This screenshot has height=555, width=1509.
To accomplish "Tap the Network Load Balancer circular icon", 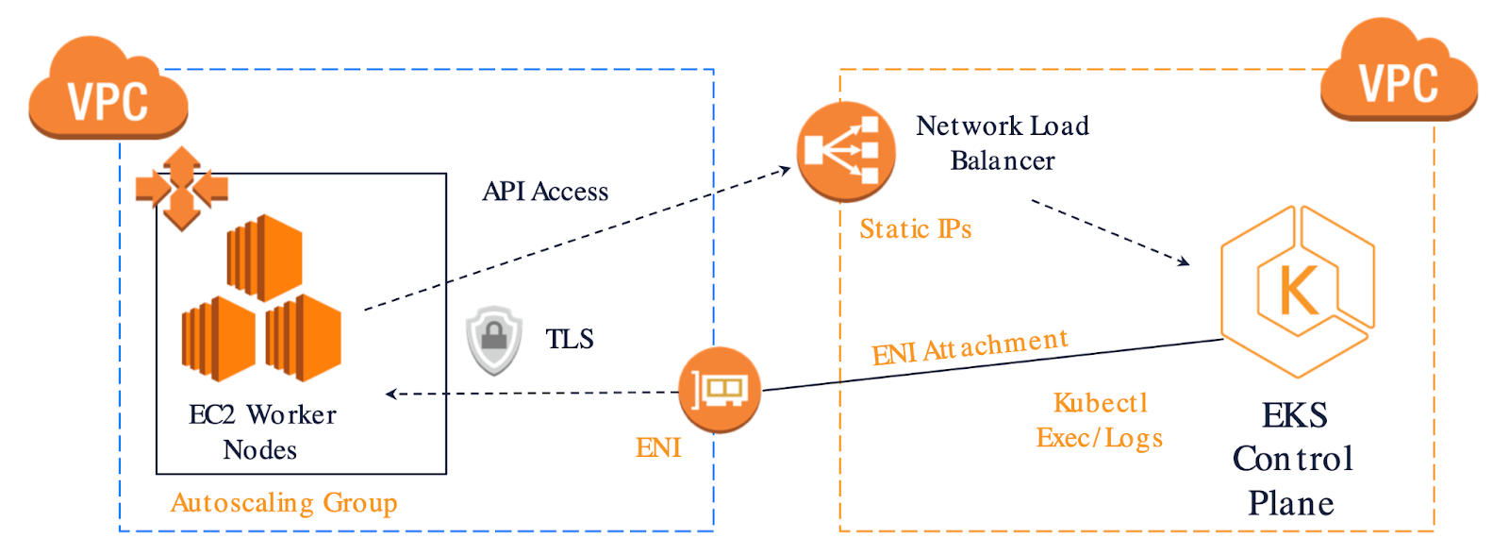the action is (x=845, y=151).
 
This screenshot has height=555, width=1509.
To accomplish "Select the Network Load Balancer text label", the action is (x=1003, y=143).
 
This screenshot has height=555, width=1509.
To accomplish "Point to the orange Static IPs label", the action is (x=916, y=229).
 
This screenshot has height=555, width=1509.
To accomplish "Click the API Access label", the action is (x=545, y=192).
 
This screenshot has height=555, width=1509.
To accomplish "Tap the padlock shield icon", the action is (x=494, y=340).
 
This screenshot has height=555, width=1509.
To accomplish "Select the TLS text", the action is (x=570, y=339).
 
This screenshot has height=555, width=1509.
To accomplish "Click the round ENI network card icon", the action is (x=720, y=389).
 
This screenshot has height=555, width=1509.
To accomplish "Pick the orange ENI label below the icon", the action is (x=658, y=447).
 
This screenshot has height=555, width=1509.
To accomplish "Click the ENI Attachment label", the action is (x=970, y=347).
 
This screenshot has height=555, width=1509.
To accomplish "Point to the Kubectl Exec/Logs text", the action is (x=1100, y=420).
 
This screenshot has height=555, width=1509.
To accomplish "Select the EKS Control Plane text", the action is (x=1293, y=459).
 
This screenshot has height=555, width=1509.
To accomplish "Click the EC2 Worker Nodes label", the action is (x=262, y=431).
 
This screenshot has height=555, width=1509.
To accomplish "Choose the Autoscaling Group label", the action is (x=284, y=503).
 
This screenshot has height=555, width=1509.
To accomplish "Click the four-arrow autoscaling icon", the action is (x=182, y=189).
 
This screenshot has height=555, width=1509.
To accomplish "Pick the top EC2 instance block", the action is (x=264, y=258).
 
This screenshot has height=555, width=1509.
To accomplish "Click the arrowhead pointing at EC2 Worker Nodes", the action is (x=390, y=394).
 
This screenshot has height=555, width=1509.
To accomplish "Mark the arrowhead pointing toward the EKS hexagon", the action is (x=1184, y=261).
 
